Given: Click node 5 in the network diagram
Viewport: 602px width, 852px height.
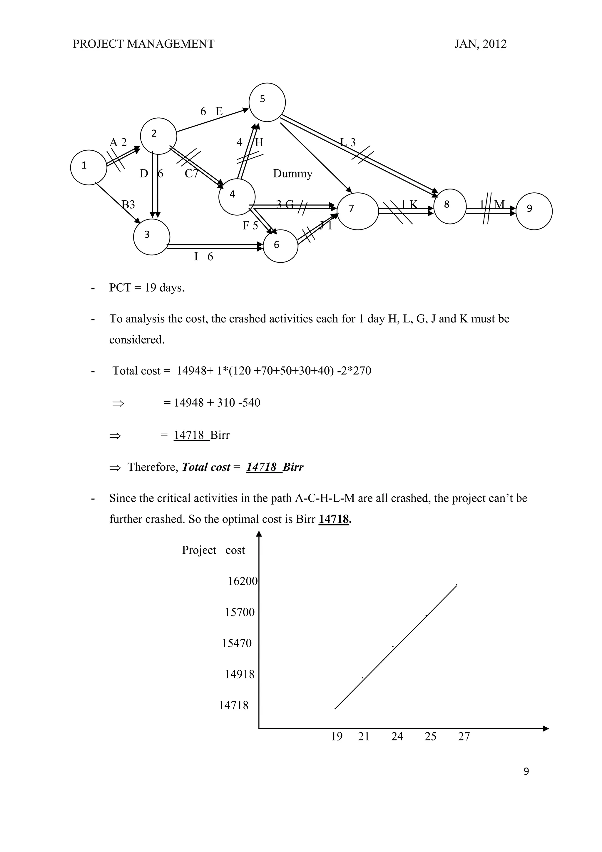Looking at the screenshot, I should pyautogui.click(x=267, y=102).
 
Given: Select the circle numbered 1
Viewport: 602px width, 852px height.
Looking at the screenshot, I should pyautogui.click(x=88, y=167).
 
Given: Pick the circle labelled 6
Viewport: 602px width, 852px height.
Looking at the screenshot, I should pyautogui.click(x=280, y=246).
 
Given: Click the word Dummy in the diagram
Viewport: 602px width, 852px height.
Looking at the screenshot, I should pyautogui.click(x=292, y=174).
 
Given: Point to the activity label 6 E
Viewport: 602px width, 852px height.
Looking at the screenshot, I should pyautogui.click(x=211, y=111).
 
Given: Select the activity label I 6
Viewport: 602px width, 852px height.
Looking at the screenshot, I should pyautogui.click(x=203, y=257).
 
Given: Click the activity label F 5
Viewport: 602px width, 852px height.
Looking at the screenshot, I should pyautogui.click(x=250, y=225).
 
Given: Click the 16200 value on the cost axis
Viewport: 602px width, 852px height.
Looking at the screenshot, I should pyautogui.click(x=243, y=581).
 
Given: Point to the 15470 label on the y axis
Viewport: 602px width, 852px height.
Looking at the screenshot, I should pyautogui.click(x=237, y=643).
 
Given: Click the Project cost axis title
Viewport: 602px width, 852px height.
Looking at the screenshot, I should pyautogui.click(x=213, y=550).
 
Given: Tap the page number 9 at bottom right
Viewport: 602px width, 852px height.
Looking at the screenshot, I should pyautogui.click(x=526, y=771).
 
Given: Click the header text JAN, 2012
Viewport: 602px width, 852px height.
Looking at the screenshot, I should pyautogui.click(x=480, y=44).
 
